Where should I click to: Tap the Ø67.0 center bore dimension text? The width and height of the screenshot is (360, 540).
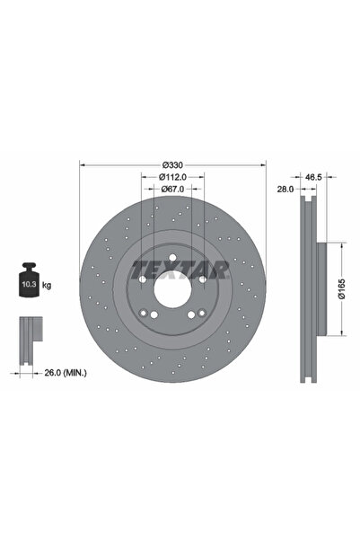(173, 190)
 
